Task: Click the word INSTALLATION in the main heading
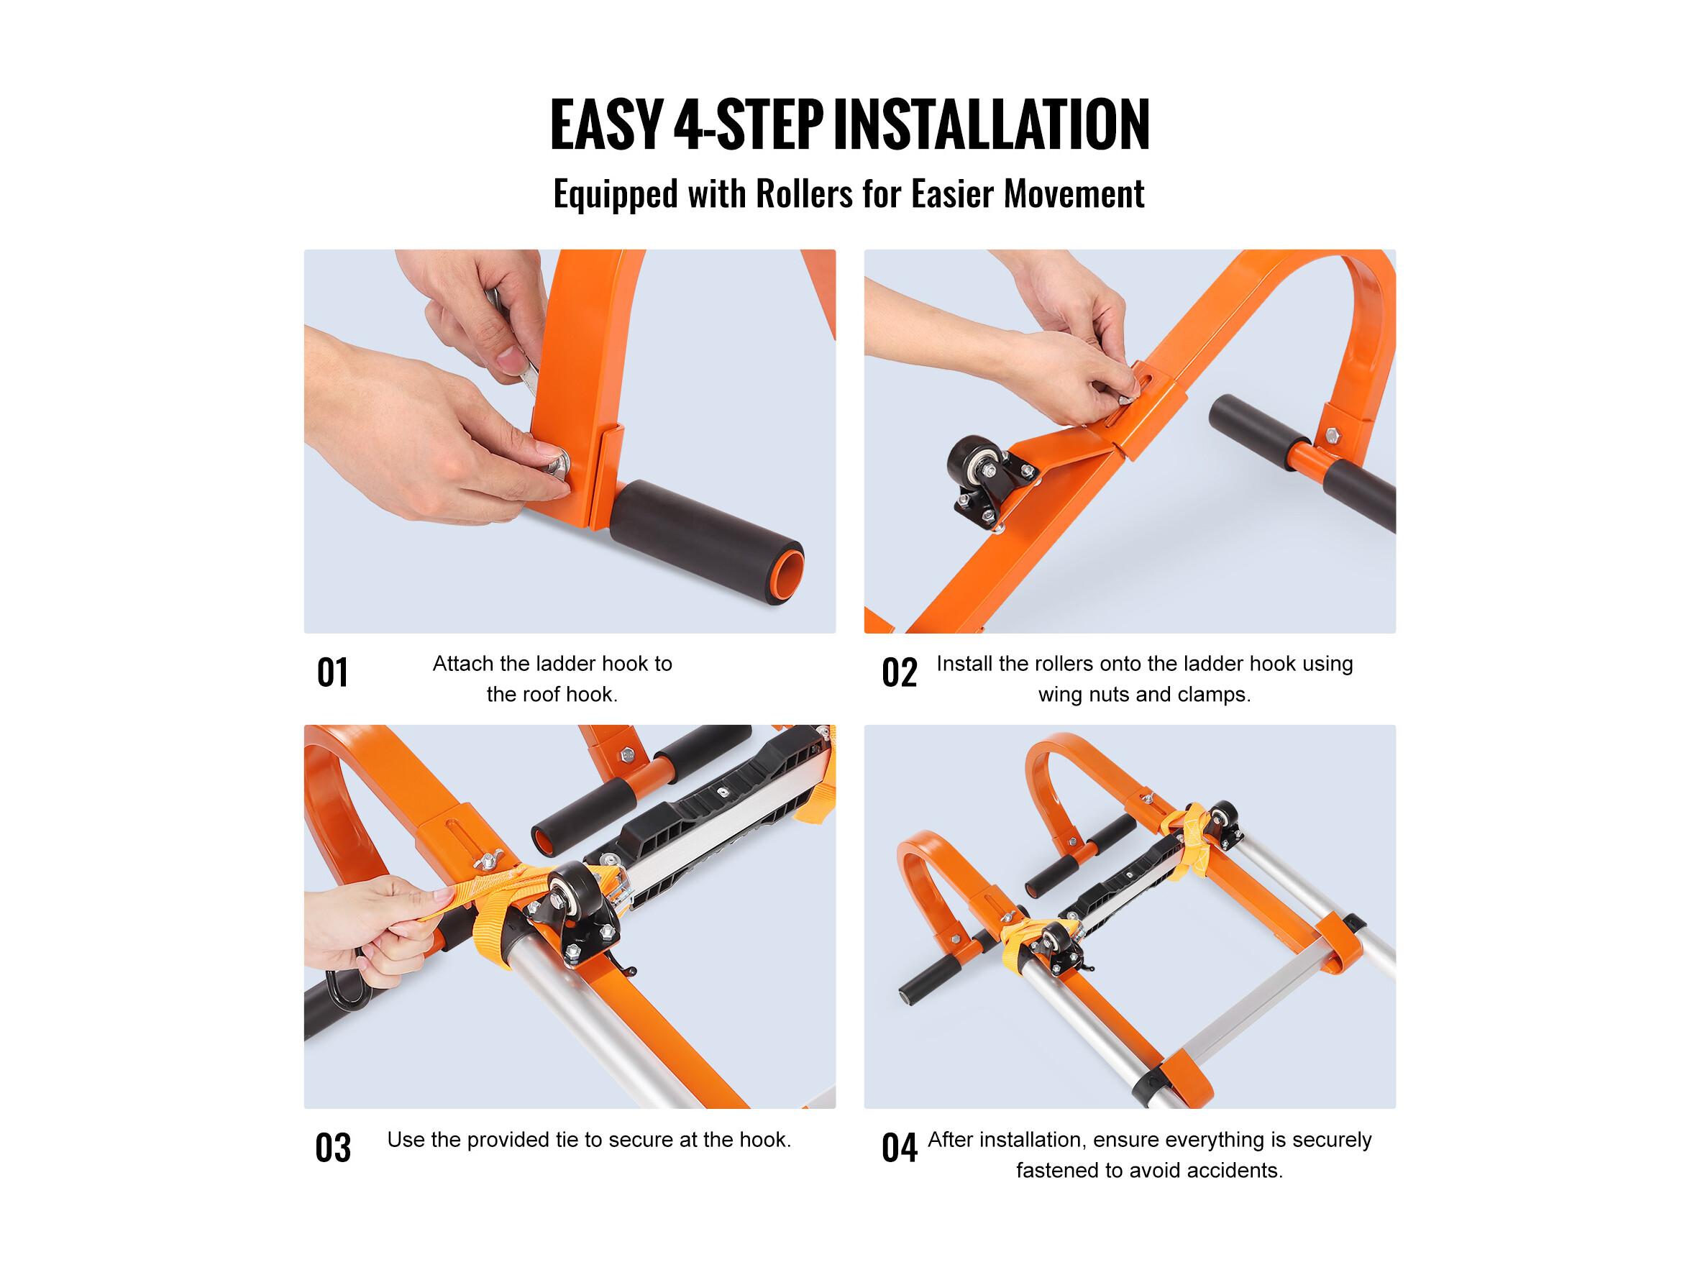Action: coord(992,124)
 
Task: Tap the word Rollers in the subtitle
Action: coord(804,193)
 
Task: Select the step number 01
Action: coord(332,672)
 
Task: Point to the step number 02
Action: coord(898,672)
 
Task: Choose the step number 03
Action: coord(332,1148)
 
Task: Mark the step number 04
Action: coord(898,1148)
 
